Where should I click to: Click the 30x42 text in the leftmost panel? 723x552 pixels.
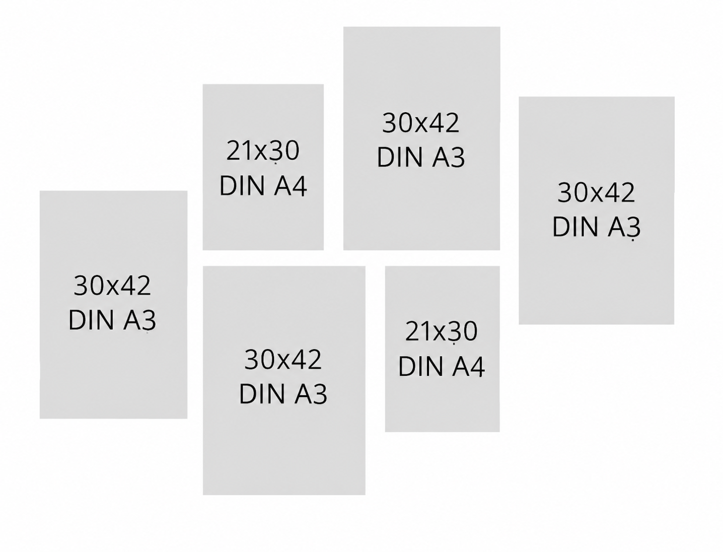[x=112, y=286]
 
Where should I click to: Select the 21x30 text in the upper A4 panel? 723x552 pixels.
[x=263, y=151]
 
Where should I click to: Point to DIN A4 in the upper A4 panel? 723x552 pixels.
[x=263, y=186]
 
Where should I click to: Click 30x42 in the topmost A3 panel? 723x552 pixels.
[x=420, y=123]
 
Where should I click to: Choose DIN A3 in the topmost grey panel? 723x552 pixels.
[x=420, y=157]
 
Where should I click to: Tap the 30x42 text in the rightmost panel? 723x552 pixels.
[x=596, y=193]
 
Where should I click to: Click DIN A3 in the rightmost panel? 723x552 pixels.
[x=596, y=227]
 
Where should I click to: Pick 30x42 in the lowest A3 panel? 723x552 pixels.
[x=283, y=360]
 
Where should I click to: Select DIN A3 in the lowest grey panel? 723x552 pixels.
[x=283, y=393]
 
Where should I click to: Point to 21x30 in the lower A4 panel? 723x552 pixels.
[x=442, y=331]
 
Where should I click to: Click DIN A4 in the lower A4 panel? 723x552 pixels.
[x=442, y=366]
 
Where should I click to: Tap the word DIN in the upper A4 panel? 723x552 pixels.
[x=242, y=186]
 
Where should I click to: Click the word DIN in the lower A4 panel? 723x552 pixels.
[x=420, y=366]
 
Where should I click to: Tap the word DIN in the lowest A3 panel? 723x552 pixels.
[x=261, y=393]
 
